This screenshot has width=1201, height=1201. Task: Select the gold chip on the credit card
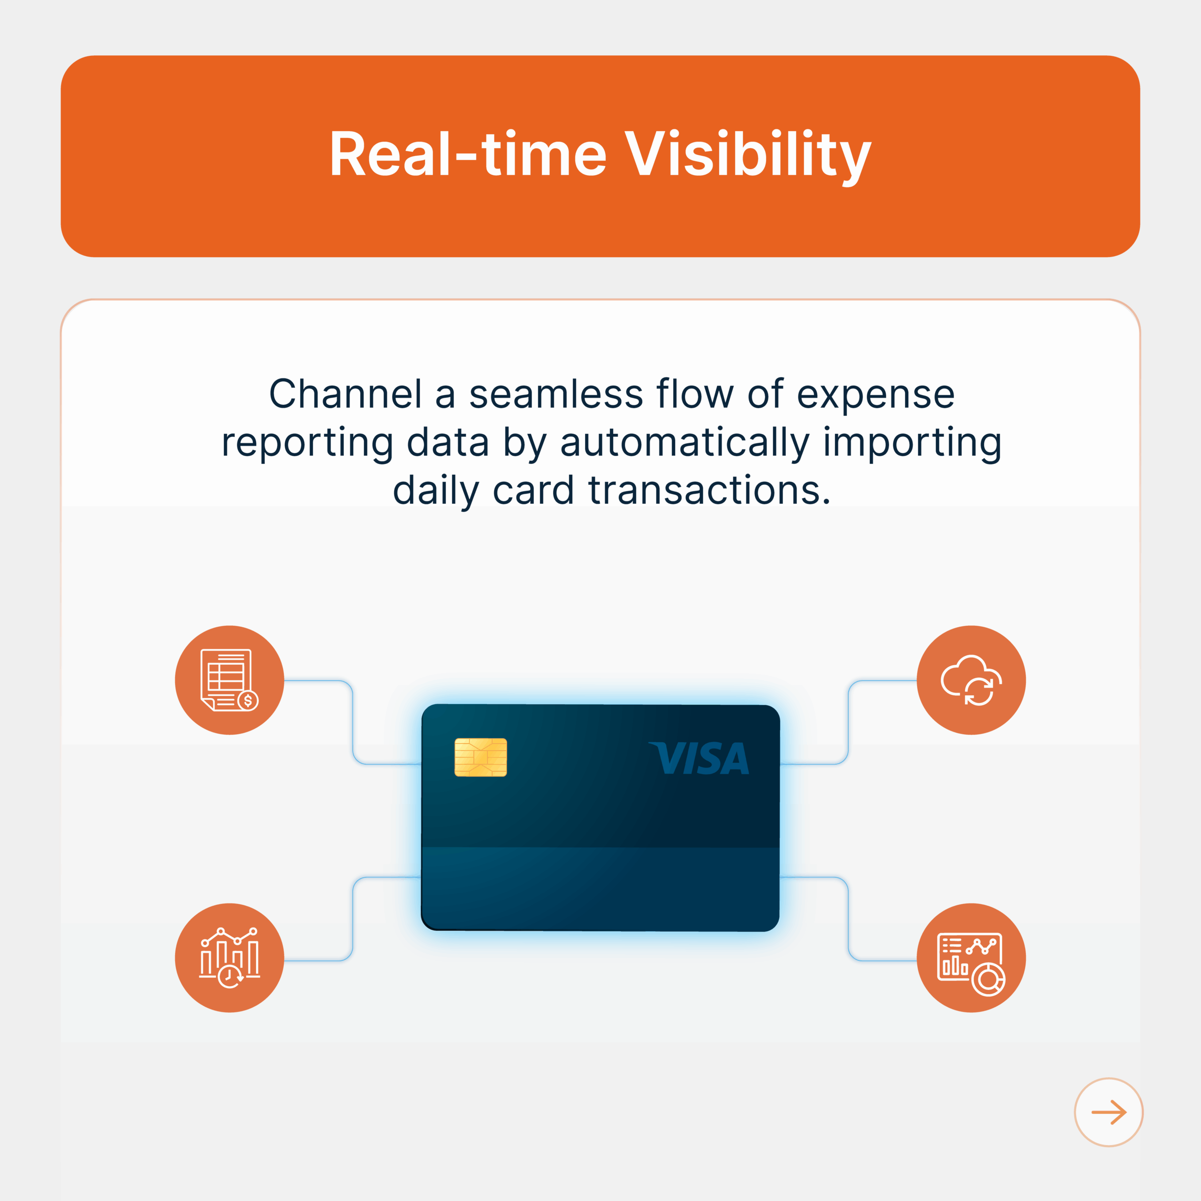[x=480, y=757]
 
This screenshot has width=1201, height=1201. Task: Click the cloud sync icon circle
[x=971, y=680]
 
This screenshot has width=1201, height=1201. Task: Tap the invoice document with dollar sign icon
[x=229, y=680]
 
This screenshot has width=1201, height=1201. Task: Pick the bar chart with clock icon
[x=229, y=958]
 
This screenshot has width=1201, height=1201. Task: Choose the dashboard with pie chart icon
[x=971, y=958]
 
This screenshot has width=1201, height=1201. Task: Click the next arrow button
[x=1109, y=1112]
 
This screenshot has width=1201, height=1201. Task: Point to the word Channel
[x=346, y=394]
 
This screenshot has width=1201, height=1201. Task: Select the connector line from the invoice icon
[x=352, y=722]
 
